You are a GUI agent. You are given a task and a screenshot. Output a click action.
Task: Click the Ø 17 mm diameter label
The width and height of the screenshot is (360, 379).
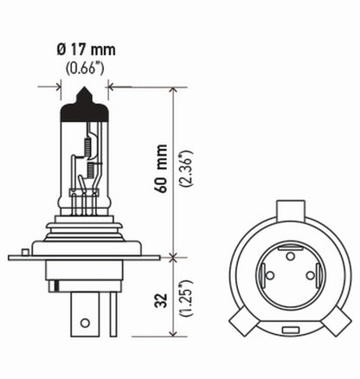coord(84,50)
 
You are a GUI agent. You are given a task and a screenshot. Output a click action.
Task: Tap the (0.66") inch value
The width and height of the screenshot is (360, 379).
coord(84,68)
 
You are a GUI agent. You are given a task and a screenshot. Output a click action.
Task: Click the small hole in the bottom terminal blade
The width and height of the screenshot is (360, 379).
coord(84,323)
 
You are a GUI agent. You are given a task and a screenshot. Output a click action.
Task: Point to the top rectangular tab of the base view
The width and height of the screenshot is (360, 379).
coord(291,209)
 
